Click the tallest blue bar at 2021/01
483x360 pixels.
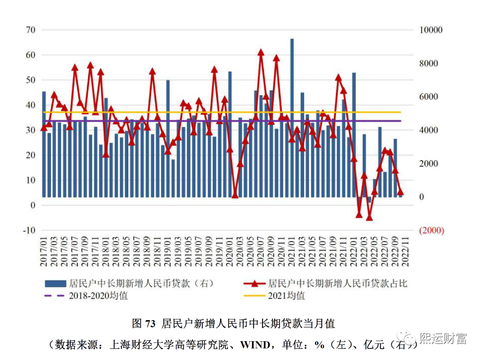coord(292,116)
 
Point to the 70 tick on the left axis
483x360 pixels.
coord(30,30)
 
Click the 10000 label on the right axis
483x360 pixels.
coord(431,30)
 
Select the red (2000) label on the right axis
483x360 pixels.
coord(431,230)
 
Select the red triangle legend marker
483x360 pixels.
coord(254,284)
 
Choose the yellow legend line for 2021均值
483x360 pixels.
coord(254,296)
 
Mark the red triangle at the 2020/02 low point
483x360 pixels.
coord(235,195)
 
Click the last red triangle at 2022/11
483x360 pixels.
coord(401,191)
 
